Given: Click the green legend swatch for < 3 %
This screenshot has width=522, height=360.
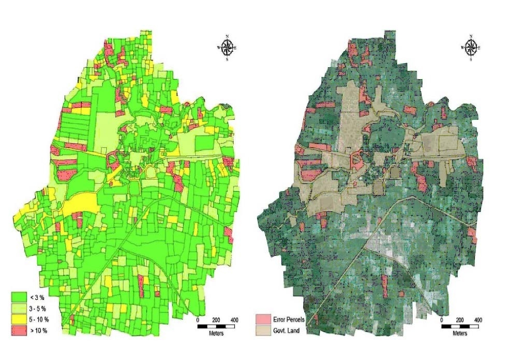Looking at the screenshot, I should click(20, 297).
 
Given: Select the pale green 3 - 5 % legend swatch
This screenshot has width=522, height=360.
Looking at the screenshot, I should click(20, 307).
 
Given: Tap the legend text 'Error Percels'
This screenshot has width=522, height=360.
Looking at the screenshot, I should click(289, 318).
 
